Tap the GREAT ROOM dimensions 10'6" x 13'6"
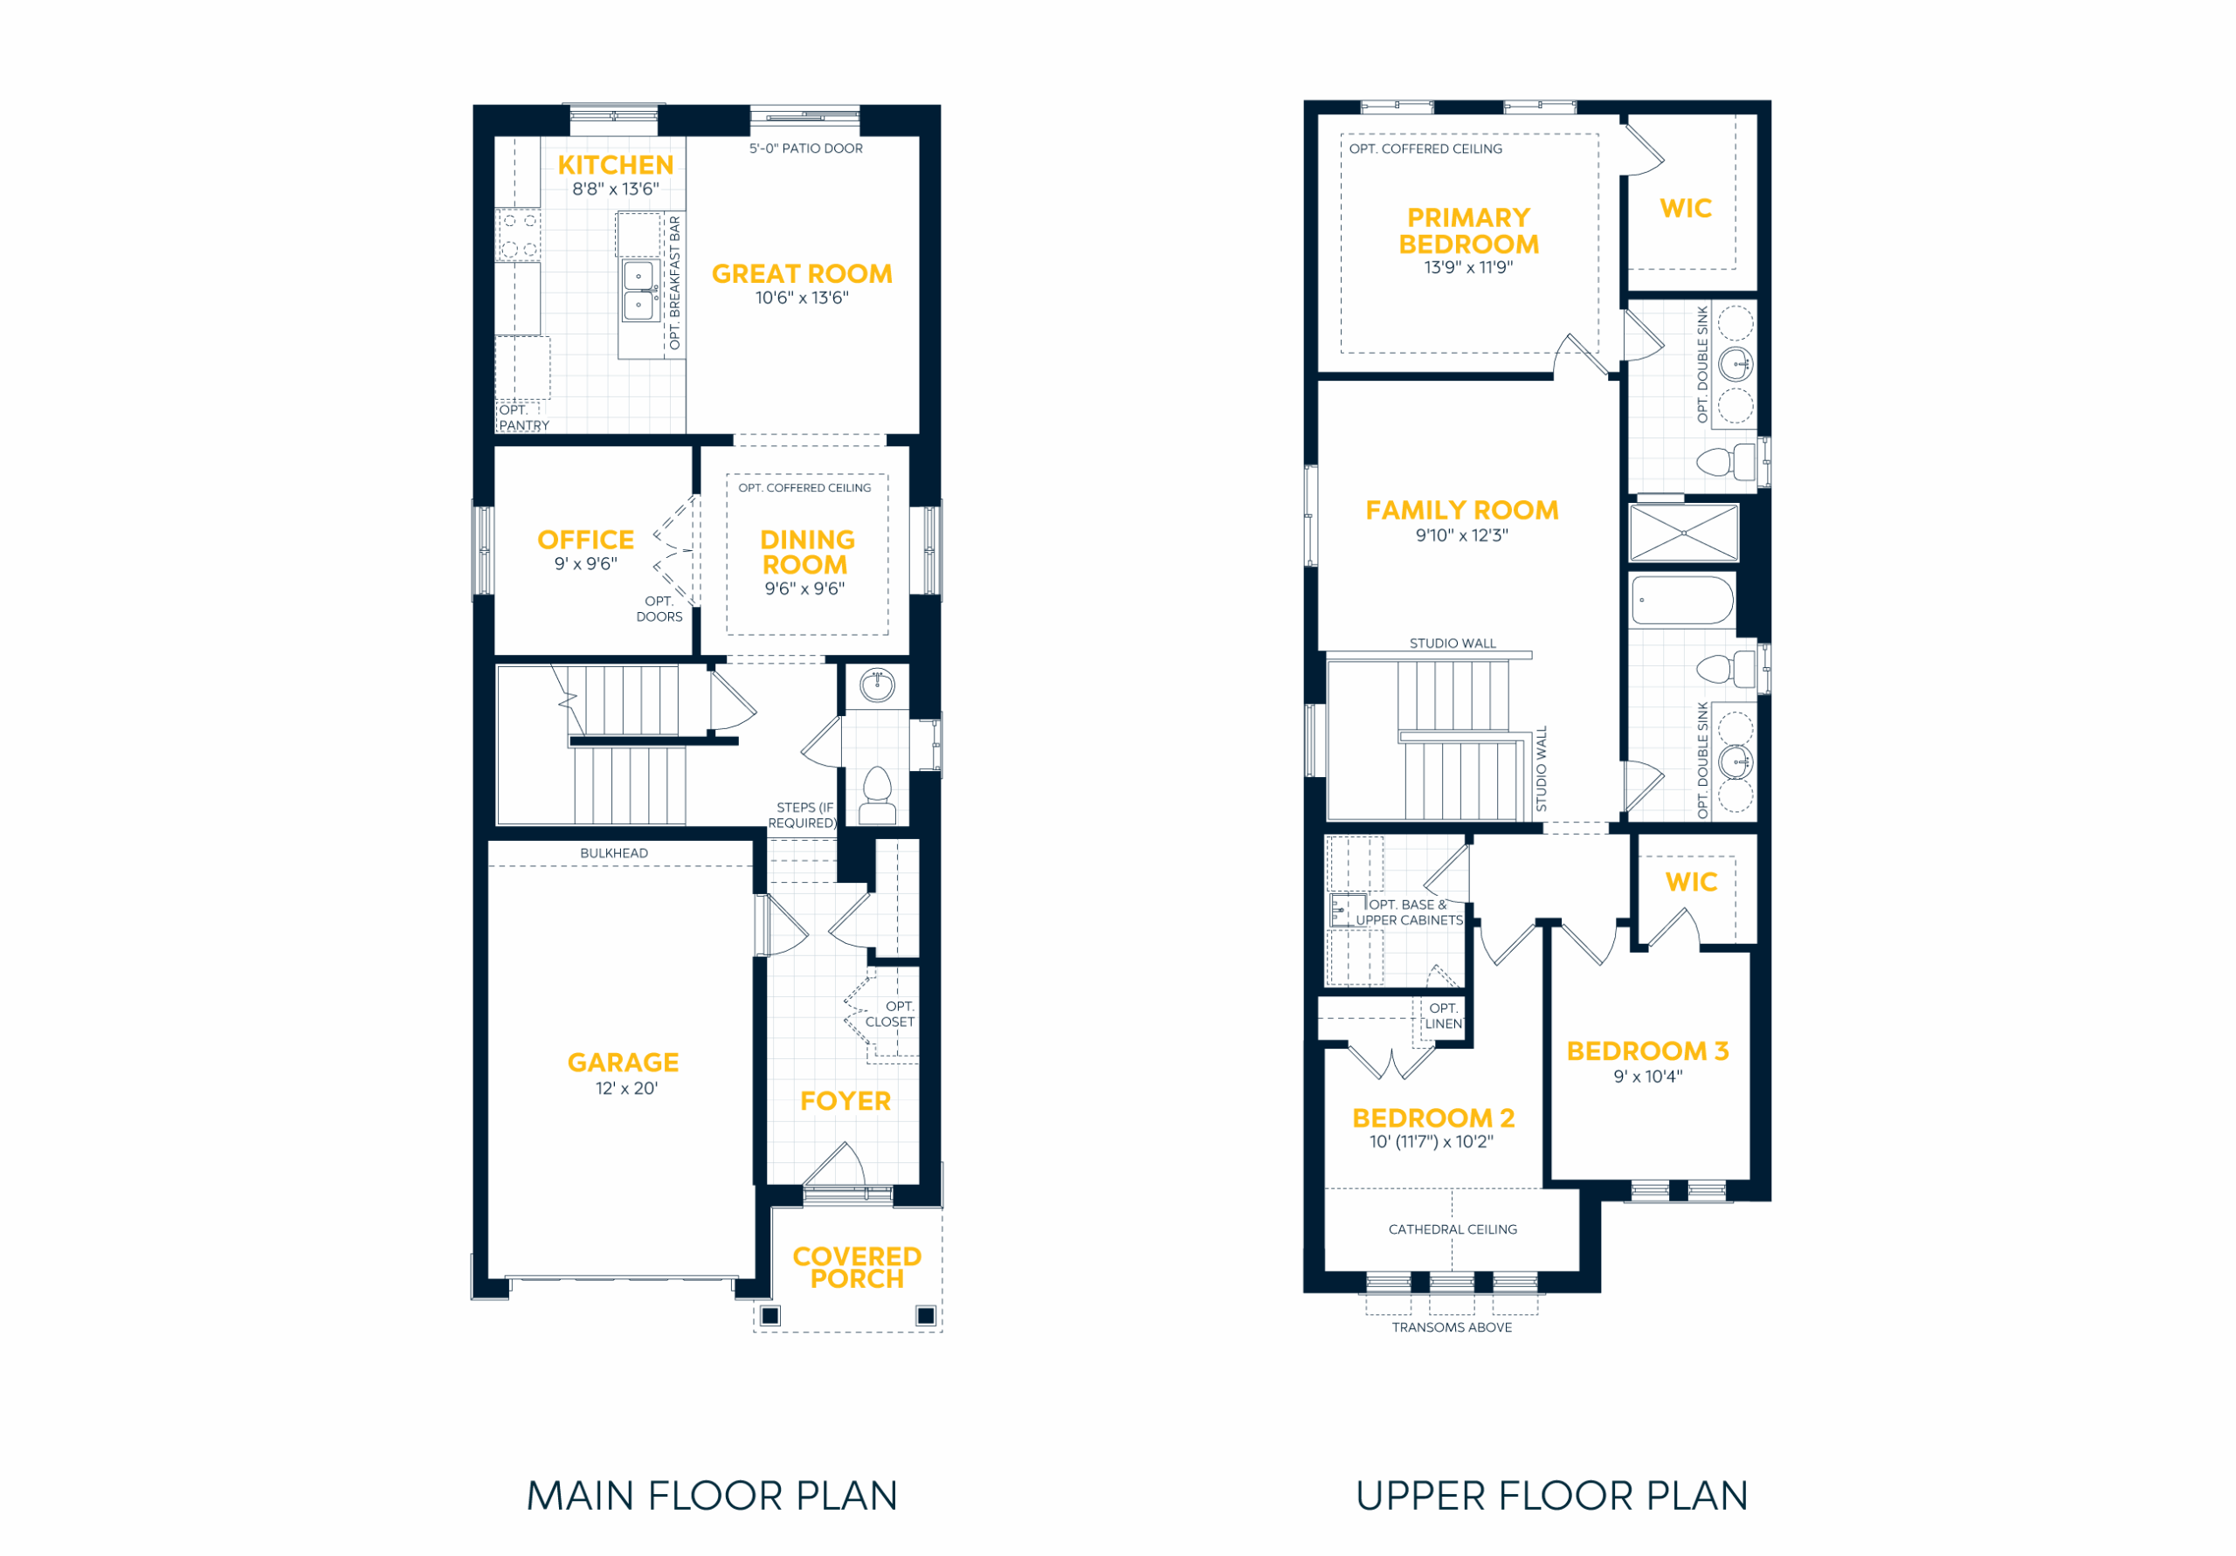pyautogui.click(x=802, y=298)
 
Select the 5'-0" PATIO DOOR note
pyautogui.click(x=805, y=149)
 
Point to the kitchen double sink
pyautogui.click(x=638, y=290)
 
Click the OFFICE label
pyautogui.click(x=585, y=540)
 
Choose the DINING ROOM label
pyautogui.click(x=806, y=552)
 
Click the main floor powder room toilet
pyautogui.click(x=878, y=795)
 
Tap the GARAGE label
pyautogui.click(x=624, y=1063)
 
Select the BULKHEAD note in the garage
pyautogui.click(x=613, y=853)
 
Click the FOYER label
pyautogui.click(x=845, y=1101)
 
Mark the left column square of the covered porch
pyautogui.click(x=770, y=1317)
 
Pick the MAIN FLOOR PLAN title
pyautogui.click(x=712, y=1496)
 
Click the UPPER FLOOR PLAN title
pyautogui.click(x=1551, y=1496)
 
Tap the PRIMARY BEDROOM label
pyautogui.click(x=1468, y=231)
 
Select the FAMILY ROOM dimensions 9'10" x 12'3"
pyautogui.click(x=1462, y=535)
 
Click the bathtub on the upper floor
pyautogui.click(x=1683, y=600)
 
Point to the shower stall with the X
pyautogui.click(x=1684, y=533)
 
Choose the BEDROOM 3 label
pyautogui.click(x=1648, y=1051)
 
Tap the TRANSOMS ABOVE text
pyautogui.click(x=1452, y=1327)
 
